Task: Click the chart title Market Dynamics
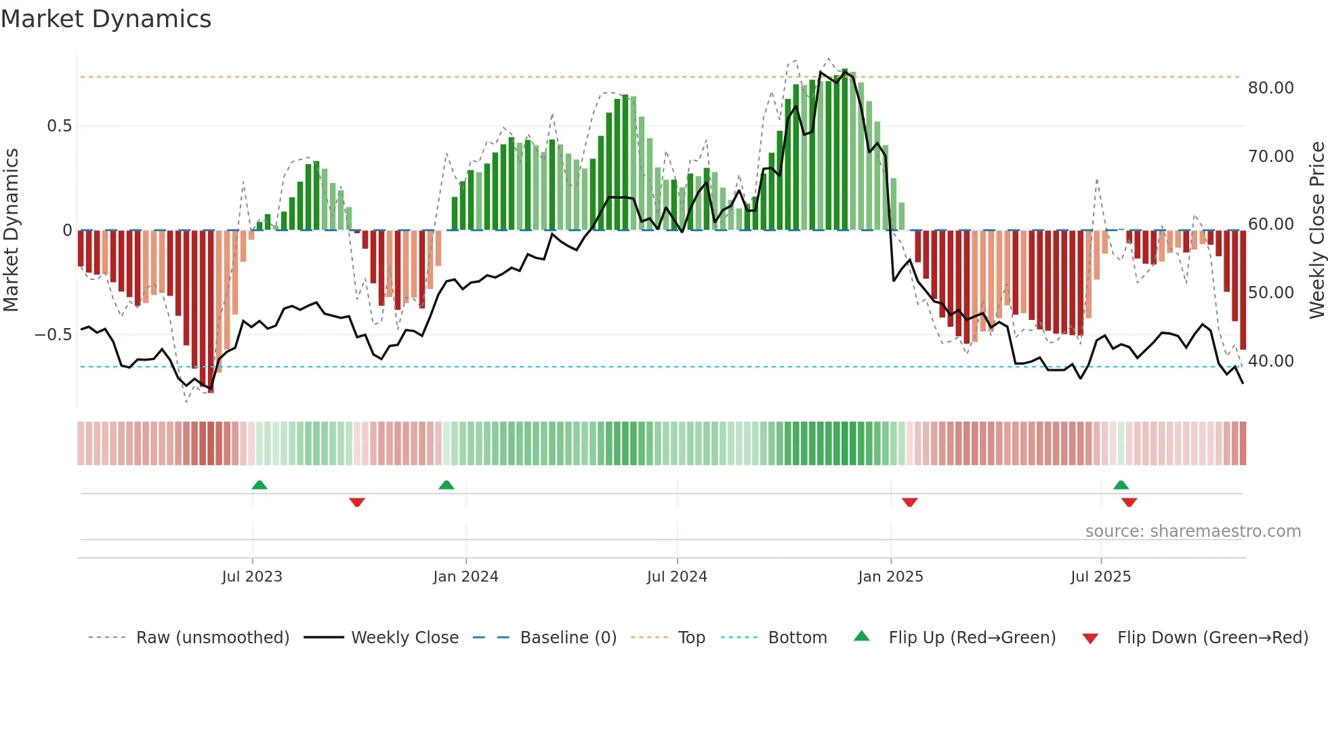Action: pyautogui.click(x=106, y=19)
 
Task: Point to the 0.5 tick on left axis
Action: pyautogui.click(x=59, y=126)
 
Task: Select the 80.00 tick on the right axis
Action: pyautogui.click(x=1270, y=88)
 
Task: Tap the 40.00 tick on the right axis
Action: pyautogui.click(x=1270, y=361)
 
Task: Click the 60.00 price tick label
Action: pyautogui.click(x=1270, y=224)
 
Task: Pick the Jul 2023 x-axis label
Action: pyautogui.click(x=251, y=577)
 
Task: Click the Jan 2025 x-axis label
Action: pyautogui.click(x=890, y=577)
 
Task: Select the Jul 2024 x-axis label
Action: pyautogui.click(x=676, y=577)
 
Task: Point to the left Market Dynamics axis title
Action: pyautogui.click(x=11, y=230)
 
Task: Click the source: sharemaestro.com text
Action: pyautogui.click(x=1192, y=531)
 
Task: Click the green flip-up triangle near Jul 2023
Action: pyautogui.click(x=260, y=485)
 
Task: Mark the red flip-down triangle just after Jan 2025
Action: pyautogui.click(x=909, y=502)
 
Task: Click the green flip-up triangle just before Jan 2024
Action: pyautogui.click(x=446, y=485)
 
